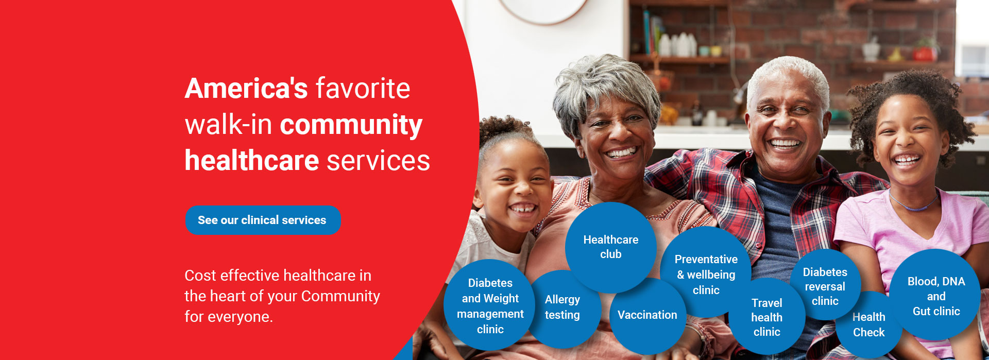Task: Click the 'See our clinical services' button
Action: coord(263,220)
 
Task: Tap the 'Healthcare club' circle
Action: coord(610,247)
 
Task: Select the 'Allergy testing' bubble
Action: coord(562,308)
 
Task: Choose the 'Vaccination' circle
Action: coord(647,315)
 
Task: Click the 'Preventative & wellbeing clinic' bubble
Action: coord(706,273)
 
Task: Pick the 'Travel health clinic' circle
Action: coord(766,317)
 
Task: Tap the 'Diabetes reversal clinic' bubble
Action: coord(825,286)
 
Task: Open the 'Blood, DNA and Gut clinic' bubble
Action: coord(936,296)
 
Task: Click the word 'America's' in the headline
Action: coord(246,88)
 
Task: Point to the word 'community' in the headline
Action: coord(351,125)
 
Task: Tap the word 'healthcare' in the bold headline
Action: coord(252,160)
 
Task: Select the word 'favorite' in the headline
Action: coord(363,88)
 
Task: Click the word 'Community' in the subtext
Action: coord(340,296)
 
